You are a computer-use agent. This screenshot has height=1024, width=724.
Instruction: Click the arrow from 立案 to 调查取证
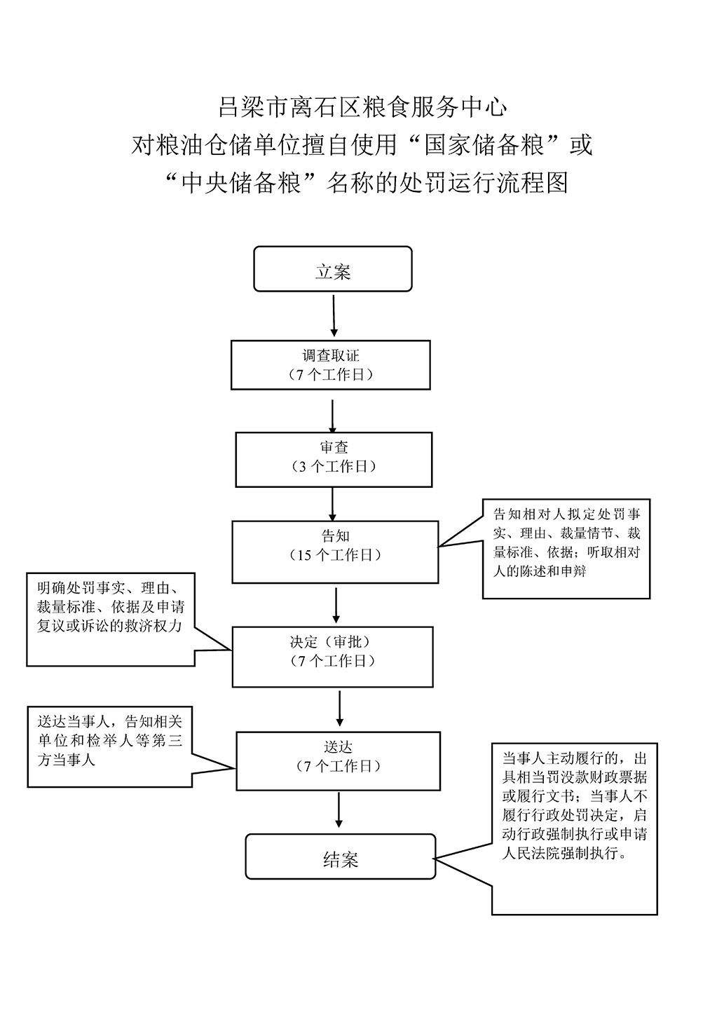pyautogui.click(x=334, y=315)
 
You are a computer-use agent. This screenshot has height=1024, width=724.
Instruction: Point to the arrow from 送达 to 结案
pyautogui.click(x=339, y=810)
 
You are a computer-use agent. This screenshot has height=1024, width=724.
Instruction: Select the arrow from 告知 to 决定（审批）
pyautogui.click(x=336, y=606)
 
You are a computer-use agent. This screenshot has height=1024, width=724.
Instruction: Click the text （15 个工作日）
pyautogui.click(x=336, y=555)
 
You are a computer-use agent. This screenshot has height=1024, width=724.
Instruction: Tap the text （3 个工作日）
pyautogui.click(x=334, y=466)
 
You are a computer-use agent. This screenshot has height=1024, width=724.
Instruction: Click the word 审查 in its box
pyautogui.click(x=334, y=447)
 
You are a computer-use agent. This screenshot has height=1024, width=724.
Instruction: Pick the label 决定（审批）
pyautogui.click(x=332, y=642)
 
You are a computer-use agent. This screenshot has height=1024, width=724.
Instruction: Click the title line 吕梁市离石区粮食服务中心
pyautogui.click(x=362, y=107)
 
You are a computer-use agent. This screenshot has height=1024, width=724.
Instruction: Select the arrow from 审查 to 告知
pyautogui.click(x=332, y=504)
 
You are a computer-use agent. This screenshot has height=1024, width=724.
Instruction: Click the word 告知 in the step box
pyautogui.click(x=336, y=535)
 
